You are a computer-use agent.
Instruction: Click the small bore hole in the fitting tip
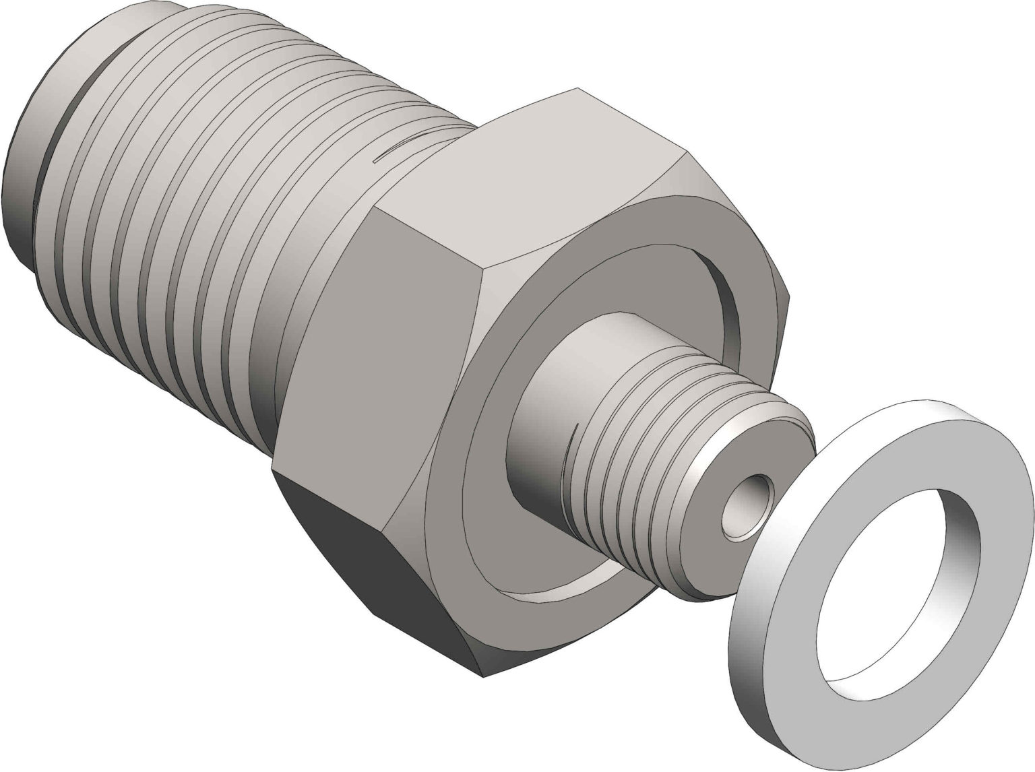(x=747, y=506)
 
